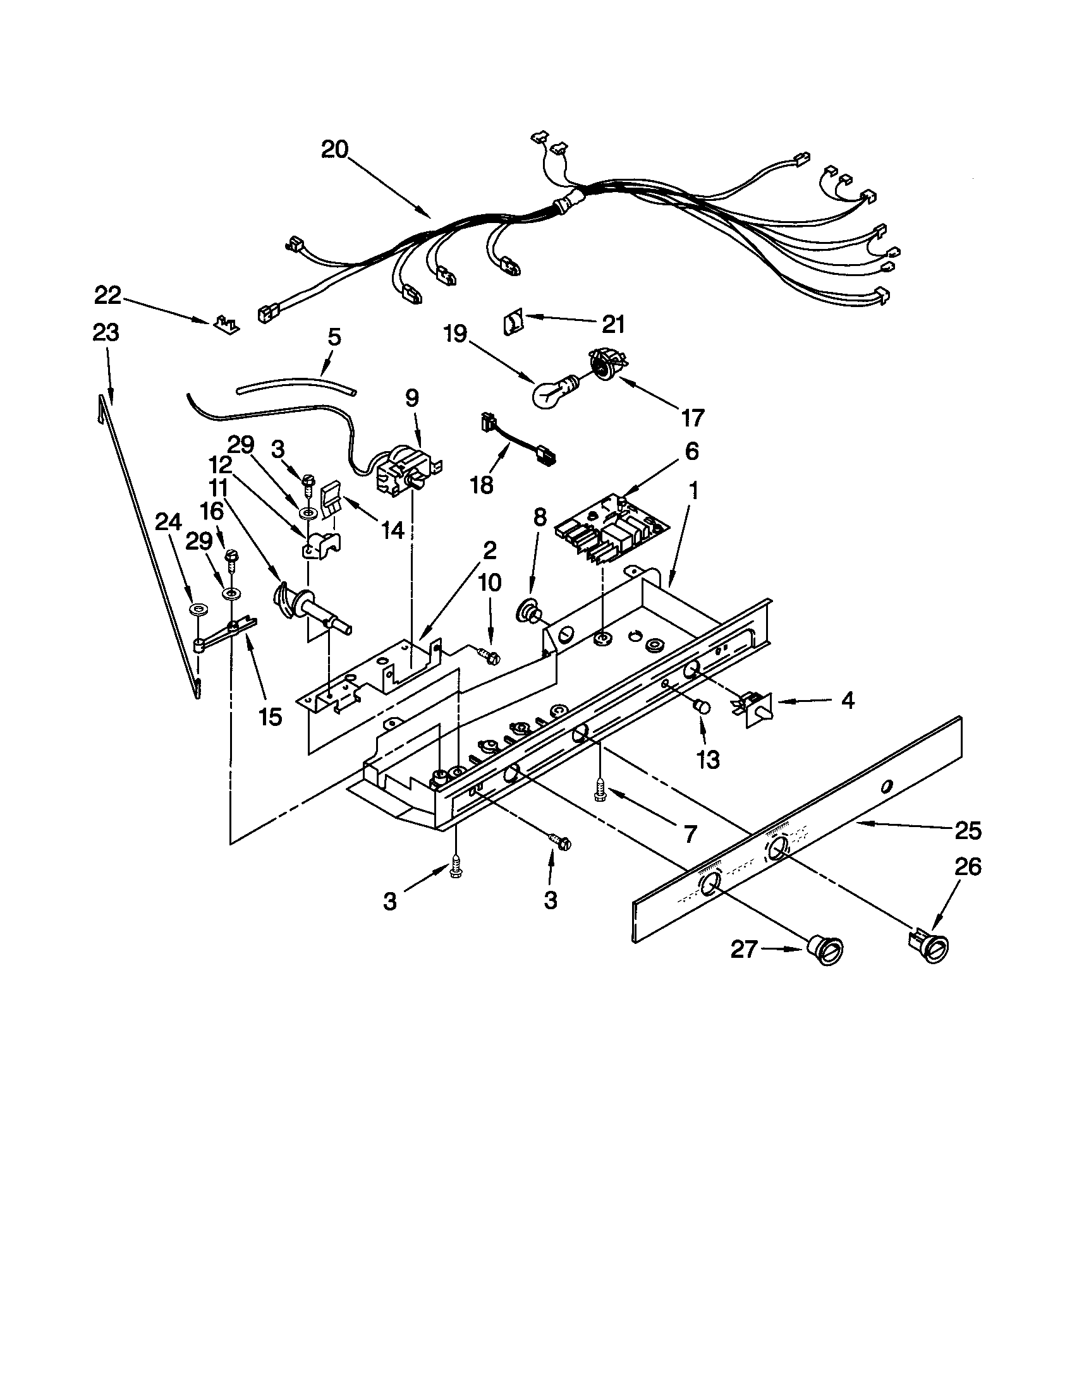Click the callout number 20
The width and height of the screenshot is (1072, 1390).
point(335,150)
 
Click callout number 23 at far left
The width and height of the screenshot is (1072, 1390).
point(106,332)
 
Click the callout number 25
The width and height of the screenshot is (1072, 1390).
point(968,831)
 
